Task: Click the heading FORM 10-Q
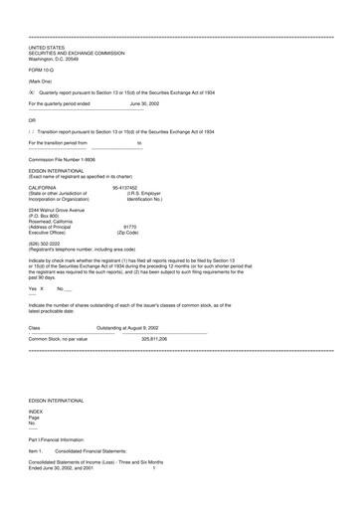coord(42,70)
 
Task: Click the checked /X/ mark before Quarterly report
coord(32,90)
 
